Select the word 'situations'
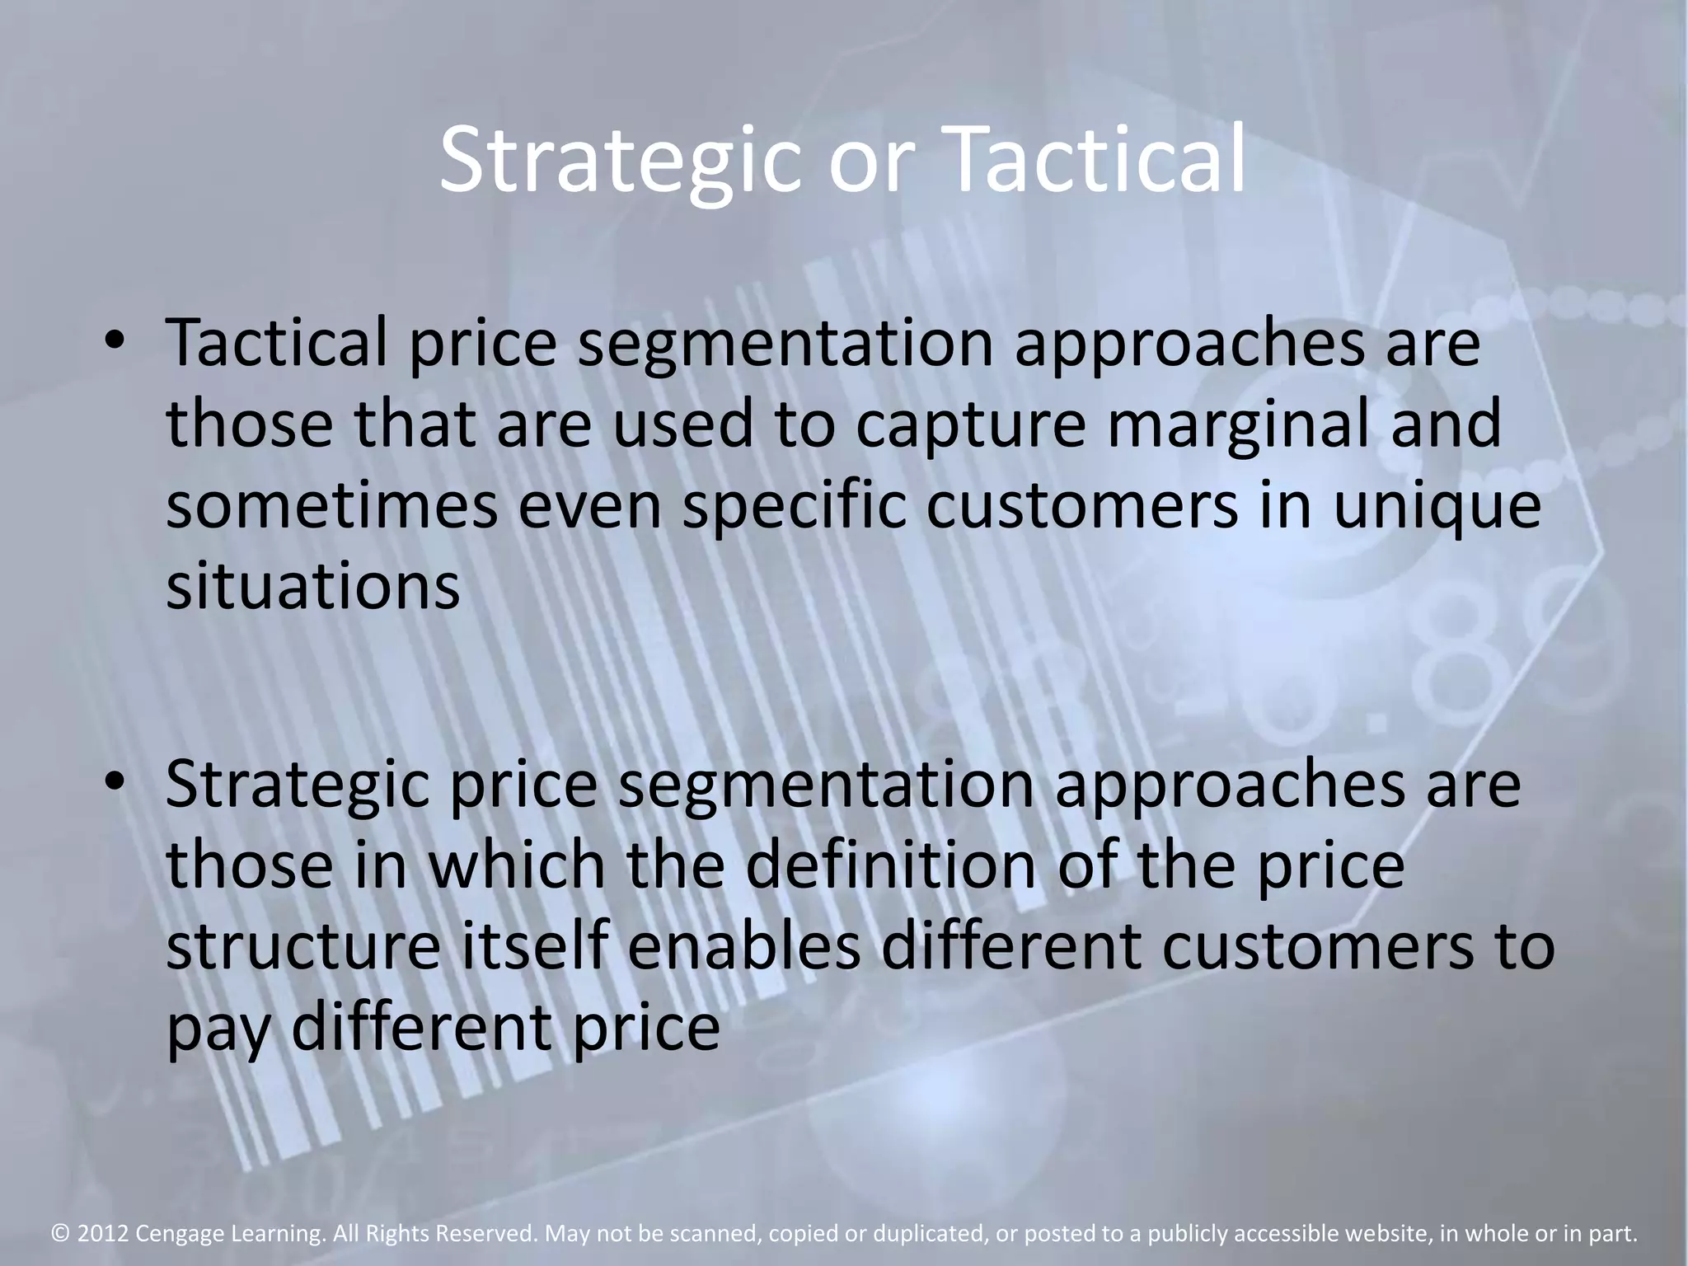click(x=312, y=587)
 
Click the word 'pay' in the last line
click(x=218, y=1030)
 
